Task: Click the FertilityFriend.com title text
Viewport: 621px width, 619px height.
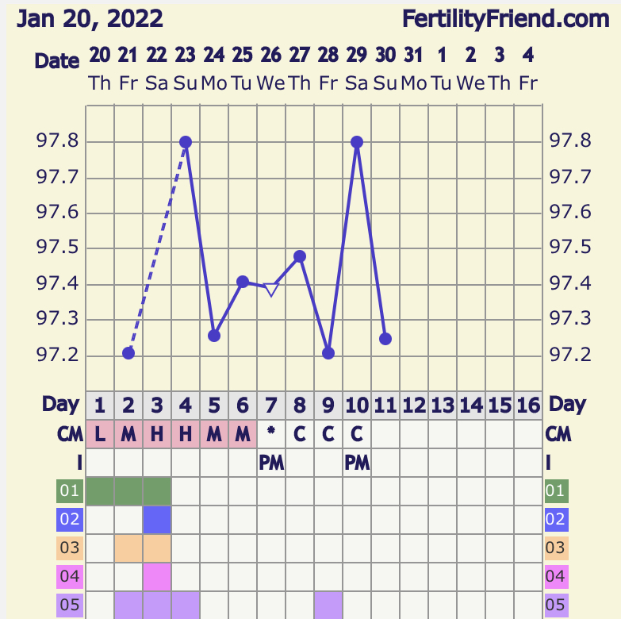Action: click(505, 17)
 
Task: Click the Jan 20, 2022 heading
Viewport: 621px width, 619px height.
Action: click(90, 17)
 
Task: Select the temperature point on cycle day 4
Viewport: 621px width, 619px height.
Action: click(186, 142)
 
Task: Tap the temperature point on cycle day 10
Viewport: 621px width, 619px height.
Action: click(357, 142)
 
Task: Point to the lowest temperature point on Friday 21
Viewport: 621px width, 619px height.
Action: click(128, 353)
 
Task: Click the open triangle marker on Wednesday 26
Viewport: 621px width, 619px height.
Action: click(271, 290)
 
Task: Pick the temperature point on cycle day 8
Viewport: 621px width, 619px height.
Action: click(300, 256)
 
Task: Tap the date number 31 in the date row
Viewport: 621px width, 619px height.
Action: click(413, 55)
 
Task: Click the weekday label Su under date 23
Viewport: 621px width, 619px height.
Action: click(185, 82)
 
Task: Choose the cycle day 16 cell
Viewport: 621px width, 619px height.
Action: click(528, 406)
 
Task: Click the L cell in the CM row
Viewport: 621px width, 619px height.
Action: click(100, 435)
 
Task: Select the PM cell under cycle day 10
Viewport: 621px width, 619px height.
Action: click(357, 463)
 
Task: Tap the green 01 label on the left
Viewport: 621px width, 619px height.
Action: click(70, 491)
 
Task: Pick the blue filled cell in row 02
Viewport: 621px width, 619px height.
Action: click(157, 520)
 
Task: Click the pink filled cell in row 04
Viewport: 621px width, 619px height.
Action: click(157, 577)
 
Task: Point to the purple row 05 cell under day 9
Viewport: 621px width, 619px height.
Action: click(328, 605)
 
